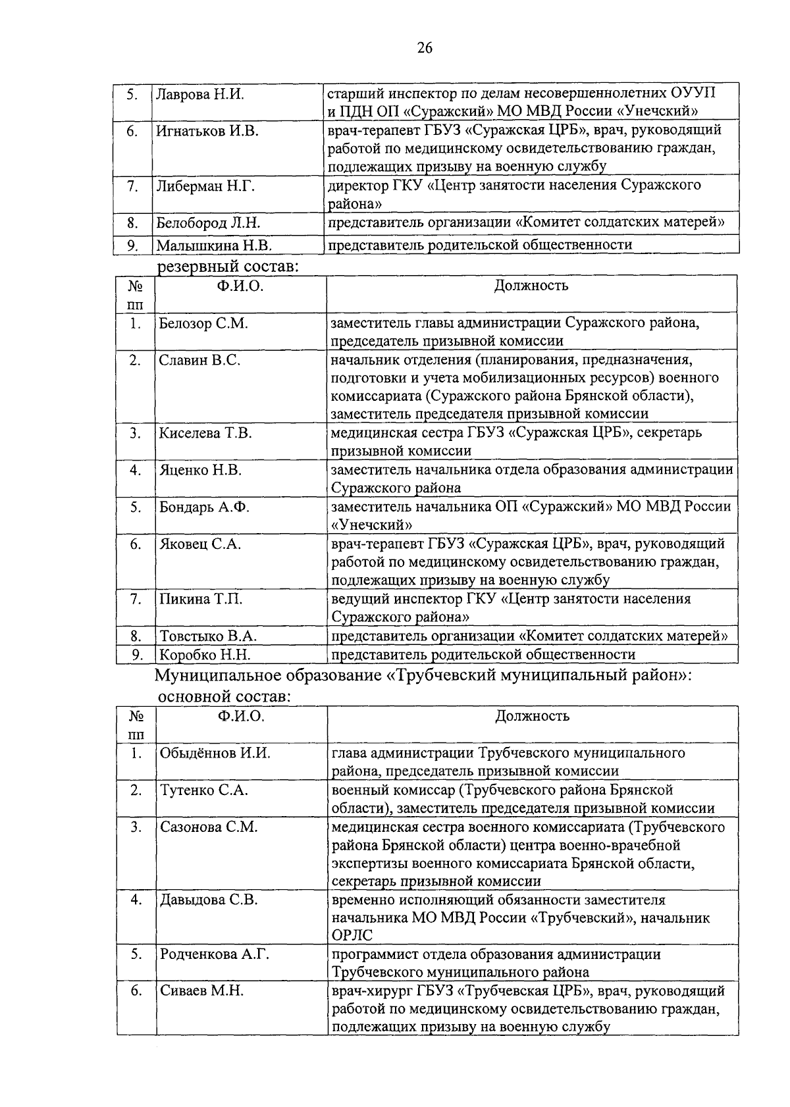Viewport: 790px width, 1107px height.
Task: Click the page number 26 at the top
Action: [x=425, y=47]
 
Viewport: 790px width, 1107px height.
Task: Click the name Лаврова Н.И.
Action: [x=199, y=94]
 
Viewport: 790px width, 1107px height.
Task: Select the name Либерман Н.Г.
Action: [x=205, y=186]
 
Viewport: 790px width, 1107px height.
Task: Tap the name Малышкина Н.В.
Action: [x=214, y=245]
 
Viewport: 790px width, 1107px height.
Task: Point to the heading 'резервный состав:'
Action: [x=228, y=267]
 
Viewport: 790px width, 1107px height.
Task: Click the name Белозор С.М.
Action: [x=203, y=324]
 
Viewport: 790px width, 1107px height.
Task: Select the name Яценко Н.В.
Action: [x=200, y=471]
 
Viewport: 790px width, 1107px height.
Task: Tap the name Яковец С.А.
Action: [x=199, y=544]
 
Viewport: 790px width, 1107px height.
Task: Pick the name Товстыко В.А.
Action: [x=207, y=636]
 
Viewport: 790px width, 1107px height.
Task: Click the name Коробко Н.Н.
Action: [x=205, y=655]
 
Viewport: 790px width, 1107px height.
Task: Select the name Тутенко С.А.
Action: [x=203, y=790]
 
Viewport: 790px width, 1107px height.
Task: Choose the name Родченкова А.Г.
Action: [x=215, y=954]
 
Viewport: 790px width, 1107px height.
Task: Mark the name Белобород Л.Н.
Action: [x=208, y=223]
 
